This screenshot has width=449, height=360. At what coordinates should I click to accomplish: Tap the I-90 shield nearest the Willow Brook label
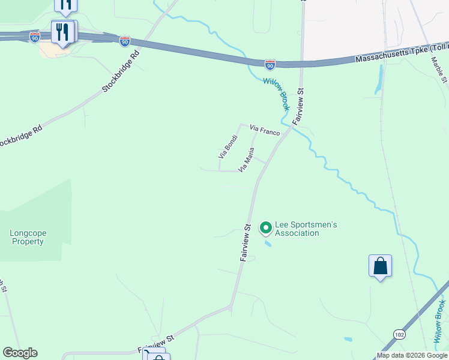tap(270, 63)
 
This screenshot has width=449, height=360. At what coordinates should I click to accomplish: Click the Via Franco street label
tap(265, 130)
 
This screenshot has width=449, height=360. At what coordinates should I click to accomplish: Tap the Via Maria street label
tap(247, 160)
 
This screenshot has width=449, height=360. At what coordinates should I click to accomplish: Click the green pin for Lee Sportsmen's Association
tap(265, 228)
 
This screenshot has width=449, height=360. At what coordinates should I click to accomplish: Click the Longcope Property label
tap(27, 237)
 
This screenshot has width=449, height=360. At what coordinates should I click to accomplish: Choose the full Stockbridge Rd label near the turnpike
tap(121, 71)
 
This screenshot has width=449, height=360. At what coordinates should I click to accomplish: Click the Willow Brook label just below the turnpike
tap(276, 94)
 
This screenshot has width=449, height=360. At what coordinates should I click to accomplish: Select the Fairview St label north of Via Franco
tap(298, 106)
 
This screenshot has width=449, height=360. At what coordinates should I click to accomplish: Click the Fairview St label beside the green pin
tap(247, 242)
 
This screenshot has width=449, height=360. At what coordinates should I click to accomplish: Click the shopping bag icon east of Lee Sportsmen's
tap(380, 265)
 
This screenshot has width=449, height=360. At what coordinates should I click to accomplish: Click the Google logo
tap(20, 353)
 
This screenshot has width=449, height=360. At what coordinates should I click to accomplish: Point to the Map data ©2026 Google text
tap(412, 355)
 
